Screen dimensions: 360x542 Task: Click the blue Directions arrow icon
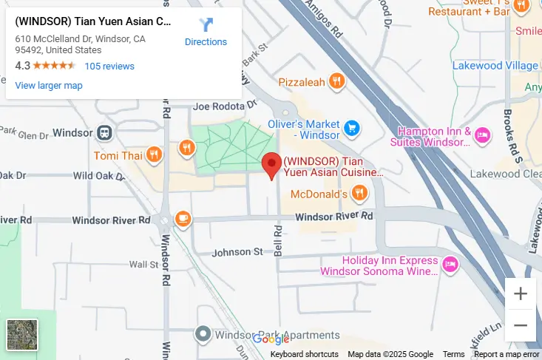[x=206, y=25]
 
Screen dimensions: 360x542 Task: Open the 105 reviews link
[x=109, y=67]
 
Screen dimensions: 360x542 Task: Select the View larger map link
[x=49, y=86]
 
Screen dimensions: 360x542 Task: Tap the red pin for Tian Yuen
[x=272, y=166]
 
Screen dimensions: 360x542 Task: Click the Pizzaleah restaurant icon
[x=336, y=81]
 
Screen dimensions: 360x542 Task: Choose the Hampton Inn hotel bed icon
[x=482, y=135]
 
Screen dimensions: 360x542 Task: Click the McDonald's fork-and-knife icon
[x=359, y=194]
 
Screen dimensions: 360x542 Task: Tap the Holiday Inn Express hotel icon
[x=450, y=264]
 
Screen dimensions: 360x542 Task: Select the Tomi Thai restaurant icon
[x=154, y=155]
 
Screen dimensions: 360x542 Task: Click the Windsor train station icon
[x=104, y=133]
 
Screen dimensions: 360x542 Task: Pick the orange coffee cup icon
[x=183, y=219]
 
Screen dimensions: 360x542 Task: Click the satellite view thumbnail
[x=22, y=335]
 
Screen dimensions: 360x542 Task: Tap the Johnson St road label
[x=237, y=252]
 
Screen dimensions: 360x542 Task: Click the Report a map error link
[x=507, y=355]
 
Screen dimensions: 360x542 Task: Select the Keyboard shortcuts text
[x=304, y=355]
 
